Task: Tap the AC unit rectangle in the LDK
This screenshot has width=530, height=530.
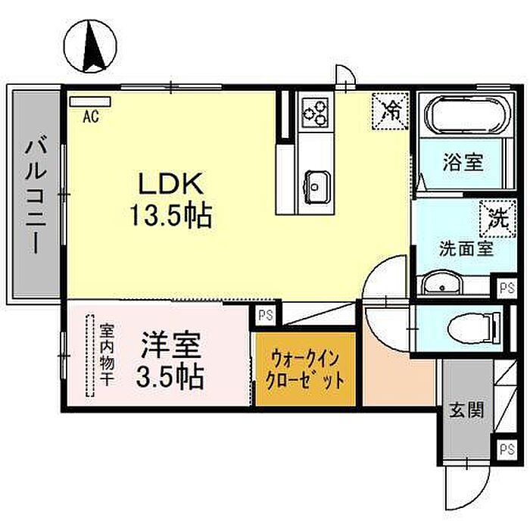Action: coord(90,101)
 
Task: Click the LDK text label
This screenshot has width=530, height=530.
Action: coord(169,184)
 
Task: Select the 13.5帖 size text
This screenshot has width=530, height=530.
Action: coord(170,217)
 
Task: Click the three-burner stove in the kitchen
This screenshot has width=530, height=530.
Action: coord(315,114)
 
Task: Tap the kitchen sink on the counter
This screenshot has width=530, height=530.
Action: coord(316,182)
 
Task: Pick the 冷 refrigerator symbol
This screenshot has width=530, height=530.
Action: coord(391,110)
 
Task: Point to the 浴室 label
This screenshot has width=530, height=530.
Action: coord(463,161)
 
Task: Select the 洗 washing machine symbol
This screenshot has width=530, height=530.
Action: coord(497,220)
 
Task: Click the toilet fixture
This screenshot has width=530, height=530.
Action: coord(472,328)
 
